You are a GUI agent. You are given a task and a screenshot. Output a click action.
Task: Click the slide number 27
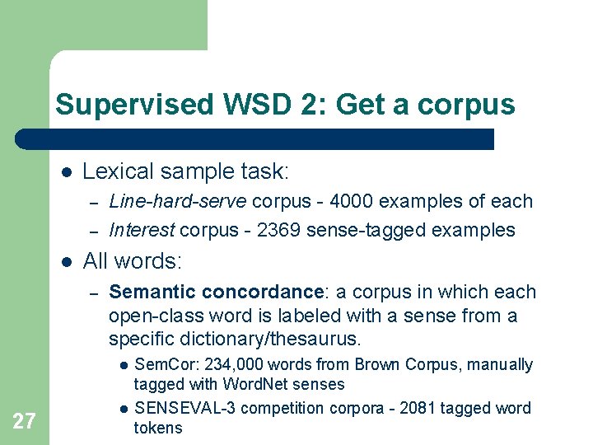(24, 422)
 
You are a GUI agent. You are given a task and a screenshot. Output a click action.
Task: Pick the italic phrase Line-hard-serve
(178, 201)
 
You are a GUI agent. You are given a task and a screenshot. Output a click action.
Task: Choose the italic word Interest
(142, 230)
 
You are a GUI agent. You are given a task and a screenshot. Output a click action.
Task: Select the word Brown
(370, 364)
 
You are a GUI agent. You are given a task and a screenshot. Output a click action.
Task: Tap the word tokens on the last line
(158, 428)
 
